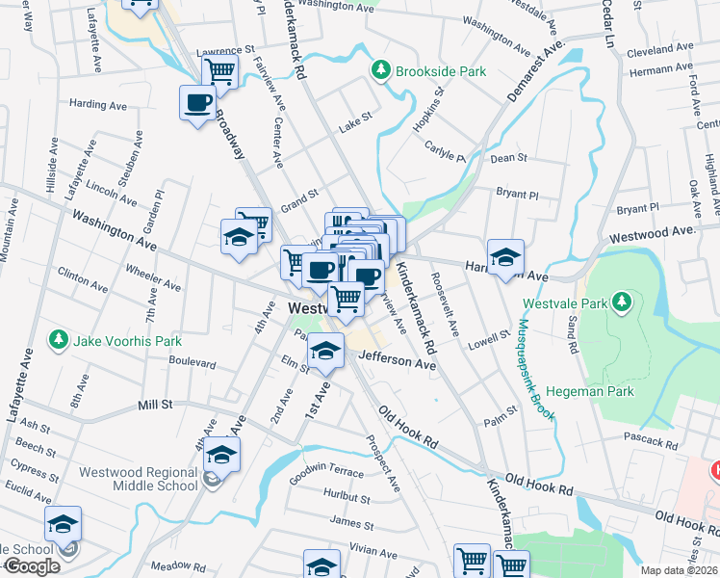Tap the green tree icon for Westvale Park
coord(623,302)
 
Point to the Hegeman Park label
coord(589,392)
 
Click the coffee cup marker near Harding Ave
coord(197,103)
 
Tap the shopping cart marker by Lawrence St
coord(220,70)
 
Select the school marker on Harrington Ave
coord(505,257)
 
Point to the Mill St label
coord(154,407)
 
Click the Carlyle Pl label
coord(446,151)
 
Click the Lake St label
coord(353,126)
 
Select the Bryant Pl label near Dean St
coord(517,194)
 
